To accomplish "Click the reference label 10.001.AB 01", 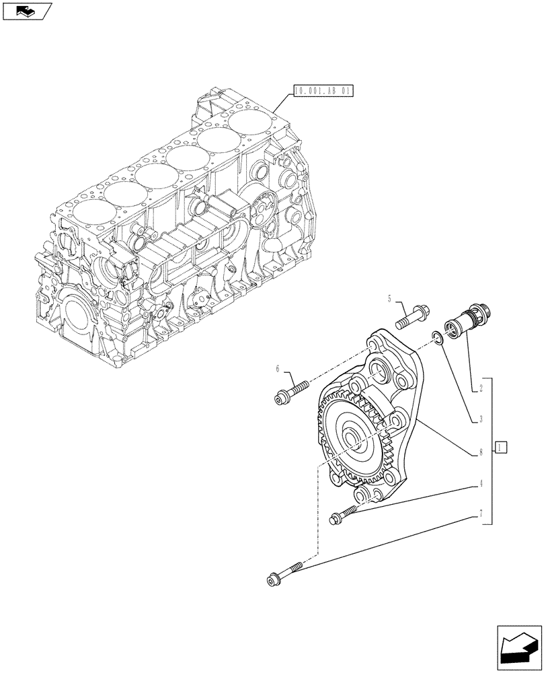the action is pyautogui.click(x=323, y=90).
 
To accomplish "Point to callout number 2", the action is pyautogui.click(x=481, y=389).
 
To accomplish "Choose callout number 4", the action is pyautogui.click(x=481, y=483).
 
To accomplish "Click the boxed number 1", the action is pyautogui.click(x=501, y=446).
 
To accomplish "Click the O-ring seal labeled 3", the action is pyautogui.click(x=437, y=338).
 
